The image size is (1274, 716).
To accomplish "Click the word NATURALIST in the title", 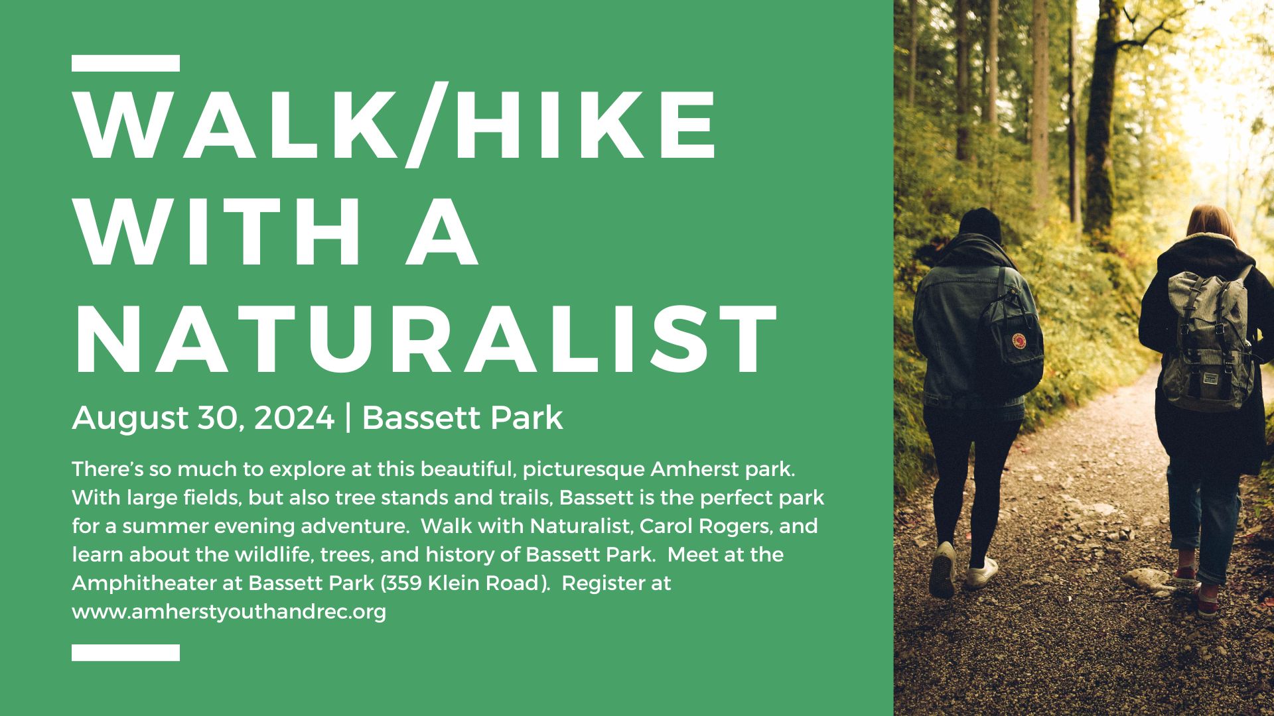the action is point(425,339).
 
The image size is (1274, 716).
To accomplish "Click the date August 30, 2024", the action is point(203,418).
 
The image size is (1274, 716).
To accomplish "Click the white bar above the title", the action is point(125,64).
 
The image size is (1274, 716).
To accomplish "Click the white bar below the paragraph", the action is point(125,652).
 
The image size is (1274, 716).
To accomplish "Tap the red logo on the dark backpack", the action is point(1019,342).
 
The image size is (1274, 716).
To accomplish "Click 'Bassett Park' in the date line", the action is point(462,418).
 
